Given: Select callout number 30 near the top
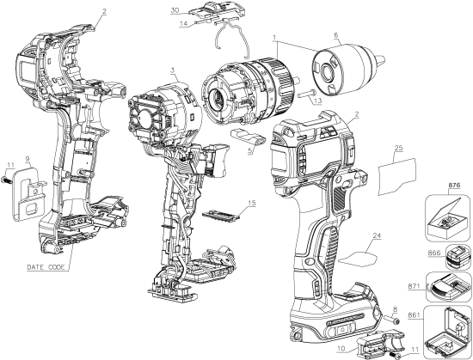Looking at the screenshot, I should click(175, 10).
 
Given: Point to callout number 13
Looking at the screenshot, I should click(317, 101).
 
